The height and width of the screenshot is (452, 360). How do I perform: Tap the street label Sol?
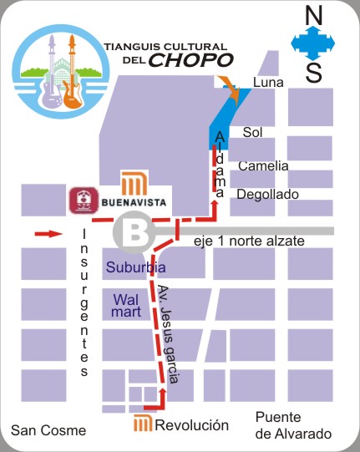[252, 132]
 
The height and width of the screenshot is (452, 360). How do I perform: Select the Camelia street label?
[263, 165]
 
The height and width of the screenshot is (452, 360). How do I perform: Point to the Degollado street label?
[267, 193]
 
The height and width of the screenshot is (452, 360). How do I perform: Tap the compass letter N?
[313, 15]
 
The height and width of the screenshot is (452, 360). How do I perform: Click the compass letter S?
[313, 74]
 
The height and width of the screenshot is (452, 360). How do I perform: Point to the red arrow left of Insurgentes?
[48, 234]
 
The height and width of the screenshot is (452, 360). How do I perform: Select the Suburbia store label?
[135, 267]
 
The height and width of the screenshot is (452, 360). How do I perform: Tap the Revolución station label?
[191, 425]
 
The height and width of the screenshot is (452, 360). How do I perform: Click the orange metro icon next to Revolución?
[144, 424]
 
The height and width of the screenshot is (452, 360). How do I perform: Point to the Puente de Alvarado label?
[294, 425]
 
